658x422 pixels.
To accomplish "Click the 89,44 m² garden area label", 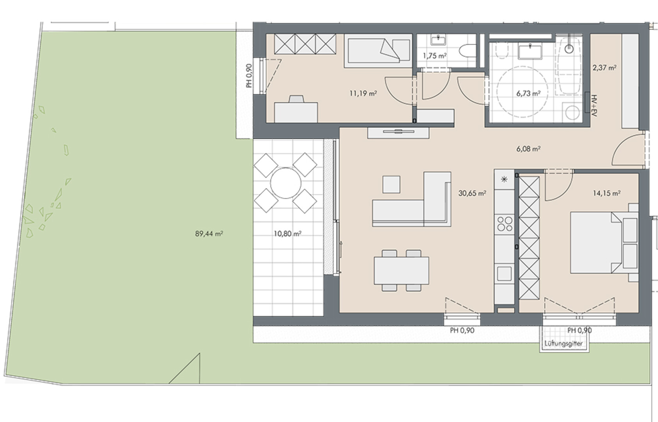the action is pos(209,234).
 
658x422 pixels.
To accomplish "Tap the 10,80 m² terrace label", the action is pos(287,234).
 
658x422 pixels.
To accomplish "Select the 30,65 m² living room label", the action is pos(472,193).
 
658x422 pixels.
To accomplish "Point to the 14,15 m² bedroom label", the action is pos(606,193).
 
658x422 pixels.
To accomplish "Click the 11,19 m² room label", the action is pos(364,93).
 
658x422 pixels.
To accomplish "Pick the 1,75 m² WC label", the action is pos(435,55).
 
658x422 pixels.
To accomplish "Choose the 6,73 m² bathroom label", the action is pos(528,93).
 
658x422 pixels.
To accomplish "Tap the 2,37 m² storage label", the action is pos(604,68).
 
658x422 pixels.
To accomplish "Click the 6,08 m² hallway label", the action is pos(528,149).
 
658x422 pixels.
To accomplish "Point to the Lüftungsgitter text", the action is pos(563,343).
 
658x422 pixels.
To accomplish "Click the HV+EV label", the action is pos(594,105).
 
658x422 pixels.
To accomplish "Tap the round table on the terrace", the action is pos(285,183).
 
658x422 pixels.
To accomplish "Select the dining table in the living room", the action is pos(401,271).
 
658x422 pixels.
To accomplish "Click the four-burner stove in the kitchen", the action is pos(505,224).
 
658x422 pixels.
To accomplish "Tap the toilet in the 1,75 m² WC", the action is pos(467,51).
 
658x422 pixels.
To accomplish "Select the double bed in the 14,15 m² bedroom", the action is pos(604,243).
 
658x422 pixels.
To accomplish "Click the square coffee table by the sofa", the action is pos(391,184).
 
